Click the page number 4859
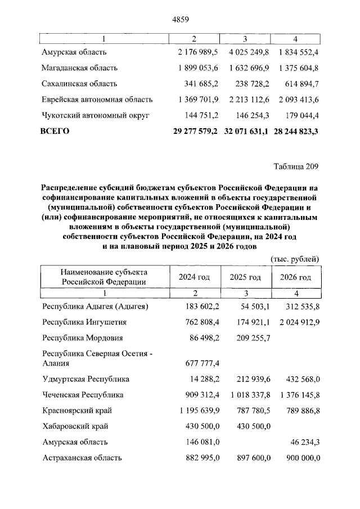point(179,19)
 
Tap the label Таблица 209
point(296,166)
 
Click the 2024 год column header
point(194,277)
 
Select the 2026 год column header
point(296,277)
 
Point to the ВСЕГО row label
point(55,131)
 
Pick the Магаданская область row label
point(79,68)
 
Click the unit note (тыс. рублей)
point(295,259)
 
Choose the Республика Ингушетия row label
point(84,322)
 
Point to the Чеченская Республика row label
point(83,395)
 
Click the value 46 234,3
point(301,442)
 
